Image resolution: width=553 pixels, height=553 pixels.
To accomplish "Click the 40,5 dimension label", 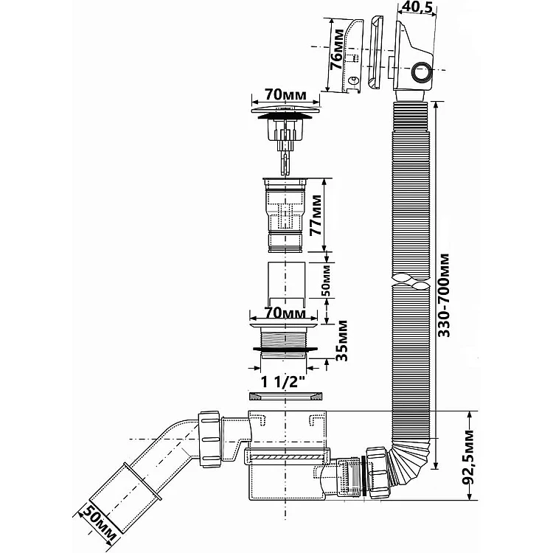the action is [417, 7].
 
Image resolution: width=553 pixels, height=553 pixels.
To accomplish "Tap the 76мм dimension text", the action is [338, 49].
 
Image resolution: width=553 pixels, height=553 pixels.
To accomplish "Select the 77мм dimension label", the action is [316, 215].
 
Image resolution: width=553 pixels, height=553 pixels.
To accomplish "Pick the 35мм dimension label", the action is [341, 341].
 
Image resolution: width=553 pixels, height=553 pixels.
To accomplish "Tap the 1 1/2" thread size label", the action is [283, 382].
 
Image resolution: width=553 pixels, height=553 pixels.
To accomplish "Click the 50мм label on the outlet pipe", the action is [97, 525].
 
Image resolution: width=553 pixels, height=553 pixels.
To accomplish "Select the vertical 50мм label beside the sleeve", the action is [327, 280].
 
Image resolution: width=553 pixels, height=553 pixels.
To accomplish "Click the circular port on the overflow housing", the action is [422, 72].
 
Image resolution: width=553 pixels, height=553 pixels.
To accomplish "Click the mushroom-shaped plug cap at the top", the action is [285, 111].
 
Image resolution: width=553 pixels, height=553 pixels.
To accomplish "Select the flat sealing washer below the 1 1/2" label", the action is [285, 396].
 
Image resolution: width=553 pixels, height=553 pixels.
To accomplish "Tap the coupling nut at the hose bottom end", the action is [378, 472].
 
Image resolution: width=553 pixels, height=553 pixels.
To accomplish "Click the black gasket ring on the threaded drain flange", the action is [285, 349].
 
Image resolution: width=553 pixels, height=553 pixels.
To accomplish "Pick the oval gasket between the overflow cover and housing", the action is [375, 52].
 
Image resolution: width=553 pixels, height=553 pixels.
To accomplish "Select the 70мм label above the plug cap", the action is [285, 95].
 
